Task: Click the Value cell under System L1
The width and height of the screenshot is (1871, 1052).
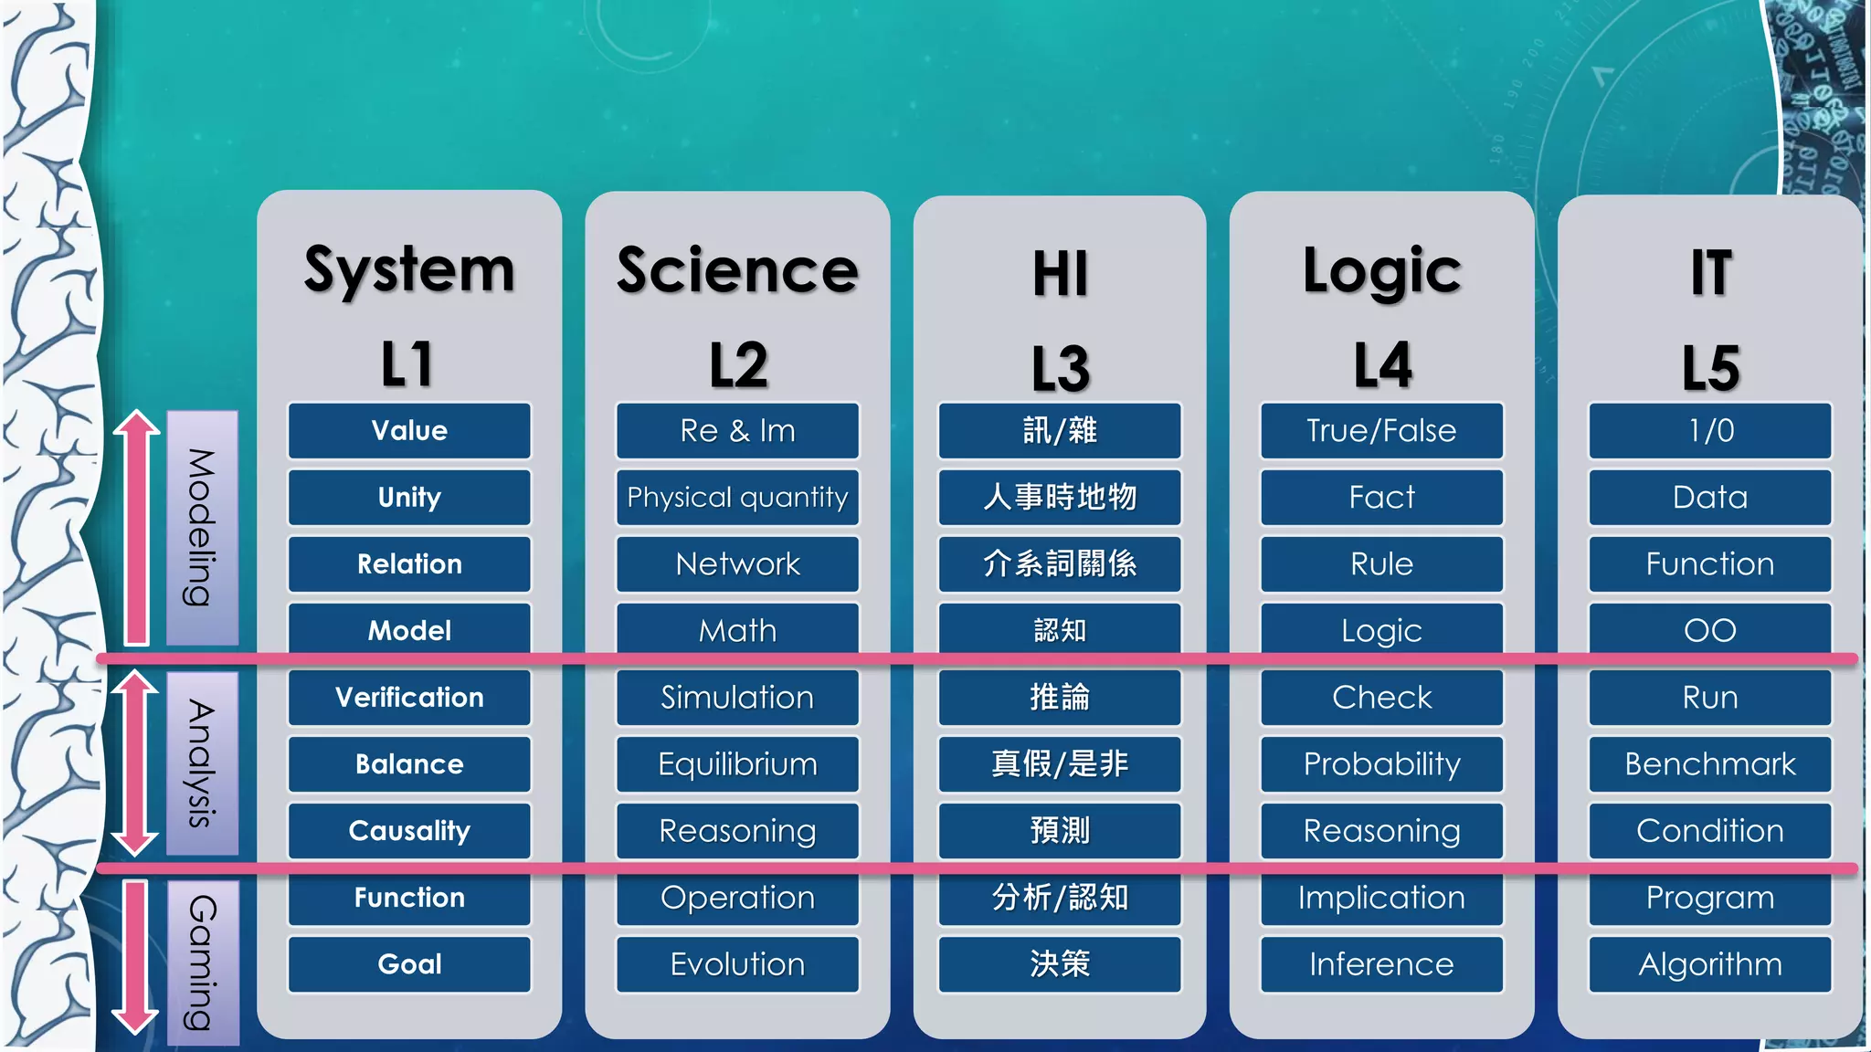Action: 409,430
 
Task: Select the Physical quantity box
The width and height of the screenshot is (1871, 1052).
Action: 737,497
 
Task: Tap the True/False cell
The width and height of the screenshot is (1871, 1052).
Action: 1381,430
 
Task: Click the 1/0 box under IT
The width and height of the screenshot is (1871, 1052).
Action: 1710,430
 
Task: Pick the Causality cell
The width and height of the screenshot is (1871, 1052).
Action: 409,830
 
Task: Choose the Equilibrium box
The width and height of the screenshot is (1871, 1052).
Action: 737,763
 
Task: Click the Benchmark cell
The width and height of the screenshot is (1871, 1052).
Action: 1710,763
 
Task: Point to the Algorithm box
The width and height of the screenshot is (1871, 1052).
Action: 1710,963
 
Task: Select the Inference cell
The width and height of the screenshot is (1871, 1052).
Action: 1381,963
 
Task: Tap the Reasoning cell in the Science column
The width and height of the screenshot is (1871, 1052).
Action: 737,830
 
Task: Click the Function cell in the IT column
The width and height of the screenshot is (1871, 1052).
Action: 1710,563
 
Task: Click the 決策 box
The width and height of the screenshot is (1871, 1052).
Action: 1060,963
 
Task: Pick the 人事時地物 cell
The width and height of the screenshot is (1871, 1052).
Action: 1060,497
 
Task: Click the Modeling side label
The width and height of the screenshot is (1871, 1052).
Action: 202,528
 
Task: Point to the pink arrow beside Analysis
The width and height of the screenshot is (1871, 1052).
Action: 136,763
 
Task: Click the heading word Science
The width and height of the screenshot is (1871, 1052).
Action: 737,270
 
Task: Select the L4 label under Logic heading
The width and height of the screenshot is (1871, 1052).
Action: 1381,365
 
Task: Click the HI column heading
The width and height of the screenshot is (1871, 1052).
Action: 1060,274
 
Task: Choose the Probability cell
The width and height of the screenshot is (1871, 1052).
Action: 1381,763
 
